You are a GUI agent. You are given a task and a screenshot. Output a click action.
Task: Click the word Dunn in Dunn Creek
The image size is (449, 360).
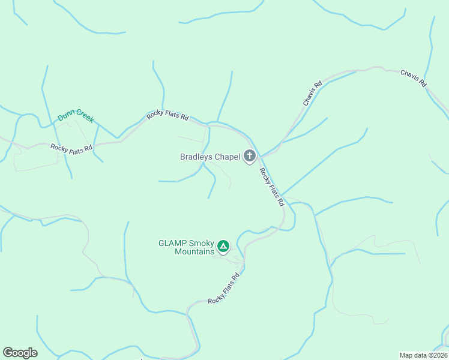[x=65, y=115]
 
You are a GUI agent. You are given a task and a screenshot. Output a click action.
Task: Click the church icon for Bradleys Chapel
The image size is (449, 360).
[x=250, y=157]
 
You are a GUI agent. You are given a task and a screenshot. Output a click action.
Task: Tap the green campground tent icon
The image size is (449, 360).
[x=223, y=246]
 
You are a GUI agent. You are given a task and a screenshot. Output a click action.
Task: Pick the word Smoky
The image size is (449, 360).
[x=201, y=244]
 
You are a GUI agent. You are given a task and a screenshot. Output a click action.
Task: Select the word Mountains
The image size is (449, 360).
[x=194, y=252]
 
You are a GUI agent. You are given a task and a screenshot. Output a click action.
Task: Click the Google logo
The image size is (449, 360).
[x=20, y=353]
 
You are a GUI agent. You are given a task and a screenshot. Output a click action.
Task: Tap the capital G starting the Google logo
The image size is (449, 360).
[x=8, y=353]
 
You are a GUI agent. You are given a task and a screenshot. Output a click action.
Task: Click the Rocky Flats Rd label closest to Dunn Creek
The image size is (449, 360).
[x=71, y=148]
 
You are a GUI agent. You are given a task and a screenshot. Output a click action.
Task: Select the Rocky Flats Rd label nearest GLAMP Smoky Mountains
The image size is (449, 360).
[x=224, y=289]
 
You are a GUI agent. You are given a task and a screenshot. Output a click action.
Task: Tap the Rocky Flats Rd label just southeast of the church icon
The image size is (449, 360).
[x=271, y=187]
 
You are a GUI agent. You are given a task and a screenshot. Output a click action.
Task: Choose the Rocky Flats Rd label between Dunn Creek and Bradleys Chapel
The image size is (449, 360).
[x=168, y=115]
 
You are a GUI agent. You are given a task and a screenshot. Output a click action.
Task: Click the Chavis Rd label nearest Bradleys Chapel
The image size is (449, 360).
[x=313, y=94]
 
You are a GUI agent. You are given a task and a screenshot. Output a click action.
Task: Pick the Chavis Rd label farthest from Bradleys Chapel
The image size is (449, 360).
[x=413, y=77]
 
